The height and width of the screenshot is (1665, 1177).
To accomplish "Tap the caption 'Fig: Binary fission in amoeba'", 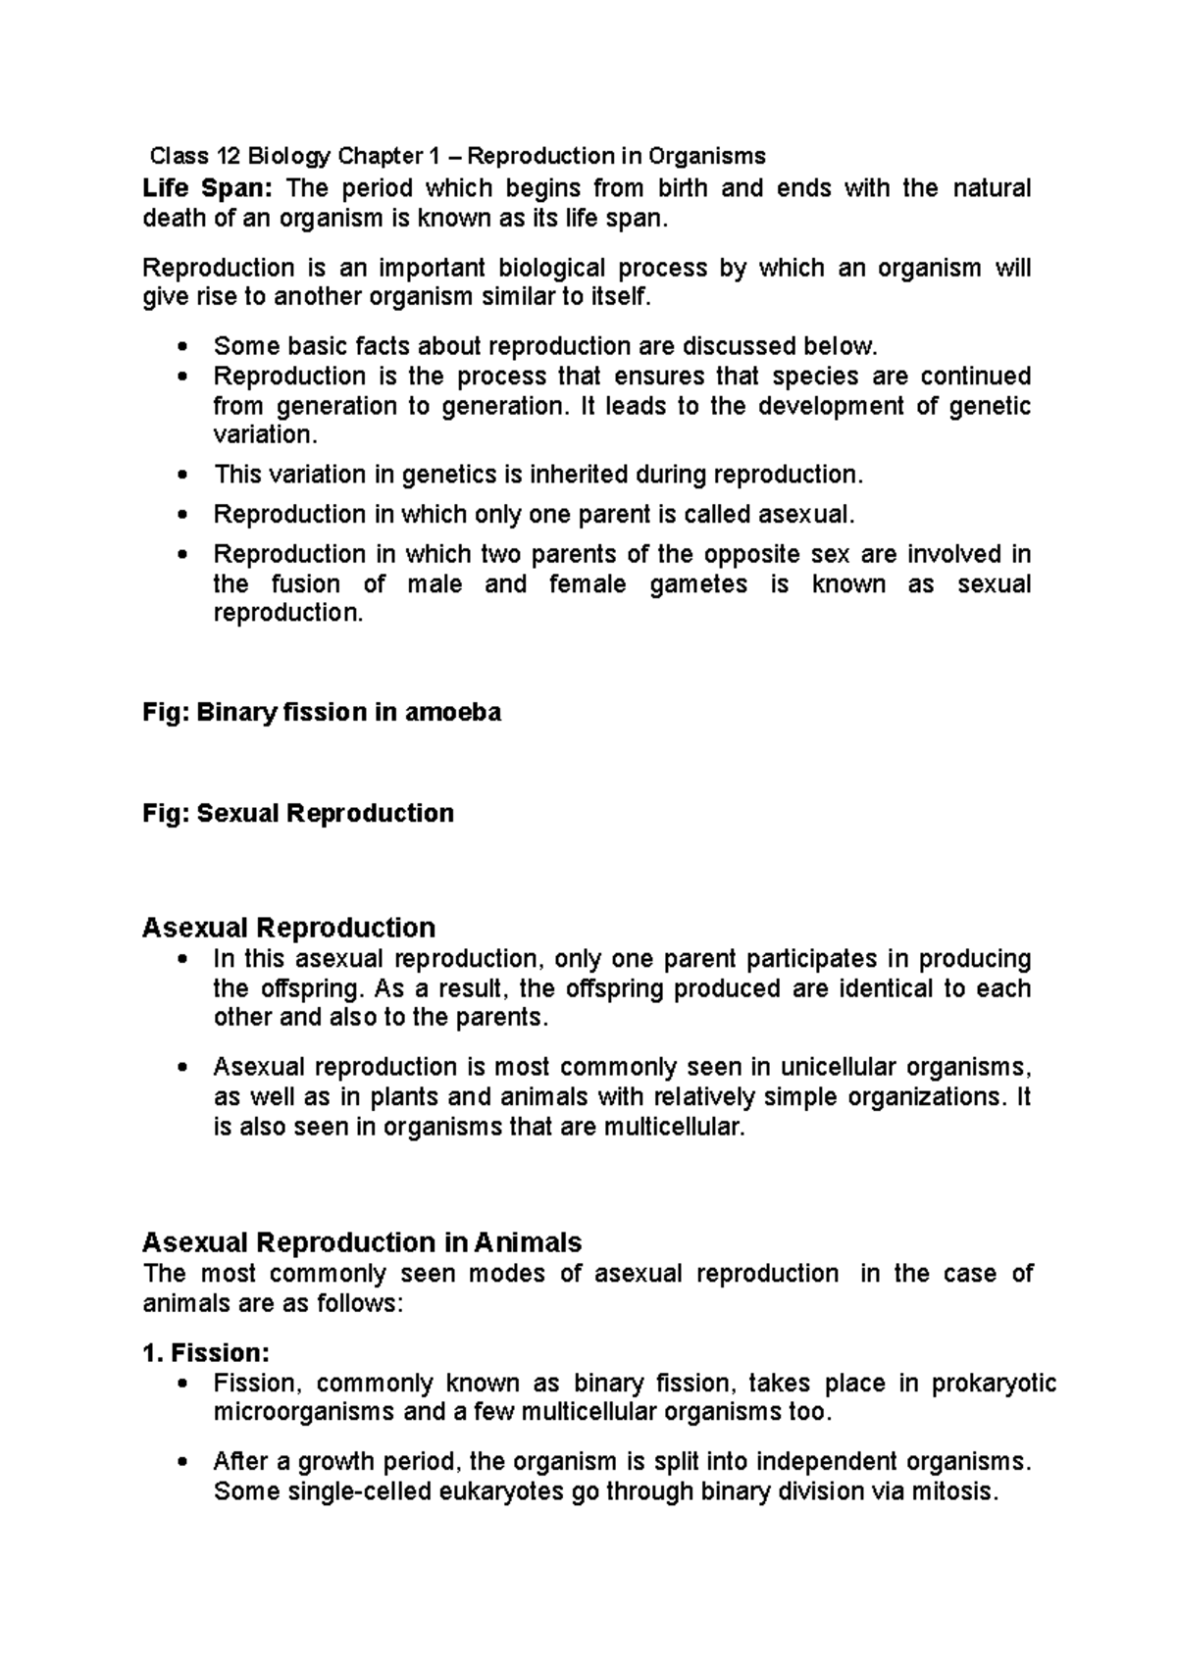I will [x=322, y=712].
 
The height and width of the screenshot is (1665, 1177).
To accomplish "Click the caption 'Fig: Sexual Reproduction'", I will [x=298, y=813].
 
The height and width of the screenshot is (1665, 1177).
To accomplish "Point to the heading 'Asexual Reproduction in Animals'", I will [x=362, y=1242].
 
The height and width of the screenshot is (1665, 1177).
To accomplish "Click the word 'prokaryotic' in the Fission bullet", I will [x=993, y=1384].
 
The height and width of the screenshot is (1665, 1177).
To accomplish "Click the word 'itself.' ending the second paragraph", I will [x=619, y=297].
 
